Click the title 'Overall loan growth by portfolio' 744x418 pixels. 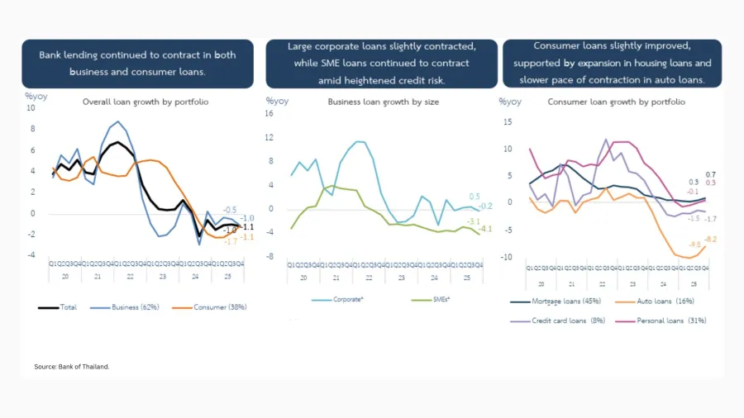tap(145, 102)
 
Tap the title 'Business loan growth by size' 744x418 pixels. tap(383, 102)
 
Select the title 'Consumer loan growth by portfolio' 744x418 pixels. tap(616, 102)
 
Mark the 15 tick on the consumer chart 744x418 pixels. tap(509, 121)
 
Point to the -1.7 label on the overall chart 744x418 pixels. tap(231, 240)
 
